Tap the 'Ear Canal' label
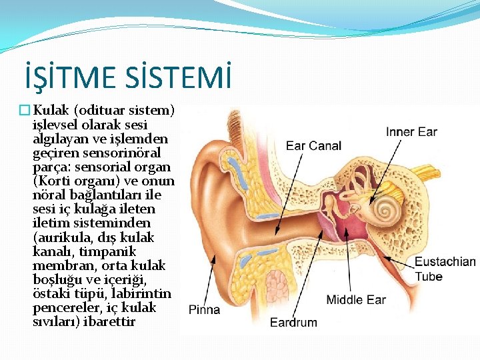coord(313,145)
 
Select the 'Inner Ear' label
coord(411,132)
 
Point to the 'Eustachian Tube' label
coord(445,269)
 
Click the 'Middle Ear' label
coord(356,299)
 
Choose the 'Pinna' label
coord(204,309)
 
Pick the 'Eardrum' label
coord(293,323)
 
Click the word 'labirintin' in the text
coord(143,293)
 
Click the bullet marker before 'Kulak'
coord(26,110)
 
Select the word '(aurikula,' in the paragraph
coord(59,237)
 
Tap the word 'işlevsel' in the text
coord(55,125)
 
